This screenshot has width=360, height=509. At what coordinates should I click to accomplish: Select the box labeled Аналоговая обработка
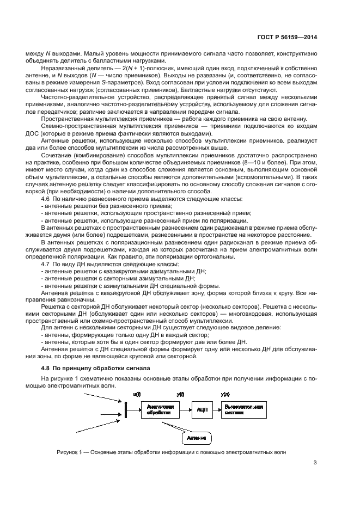(x=159, y=409)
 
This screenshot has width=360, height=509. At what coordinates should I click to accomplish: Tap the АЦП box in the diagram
(x=200, y=409)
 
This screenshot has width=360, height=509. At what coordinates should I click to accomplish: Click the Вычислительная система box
(x=243, y=409)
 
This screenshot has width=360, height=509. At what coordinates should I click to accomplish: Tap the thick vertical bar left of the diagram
(x=125, y=409)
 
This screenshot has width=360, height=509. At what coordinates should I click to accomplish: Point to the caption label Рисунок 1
(x=69, y=452)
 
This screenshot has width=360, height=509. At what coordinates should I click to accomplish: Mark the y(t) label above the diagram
(x=180, y=393)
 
